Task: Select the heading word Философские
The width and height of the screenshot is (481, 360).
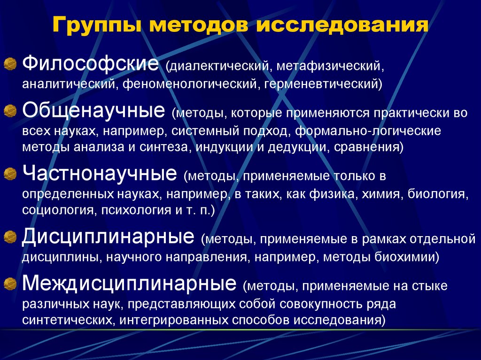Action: click(x=90, y=64)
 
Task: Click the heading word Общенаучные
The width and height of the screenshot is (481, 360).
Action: click(x=93, y=111)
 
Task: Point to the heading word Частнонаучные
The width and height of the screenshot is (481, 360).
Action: click(x=100, y=175)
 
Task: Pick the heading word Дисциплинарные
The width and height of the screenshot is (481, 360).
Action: click(x=108, y=236)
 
